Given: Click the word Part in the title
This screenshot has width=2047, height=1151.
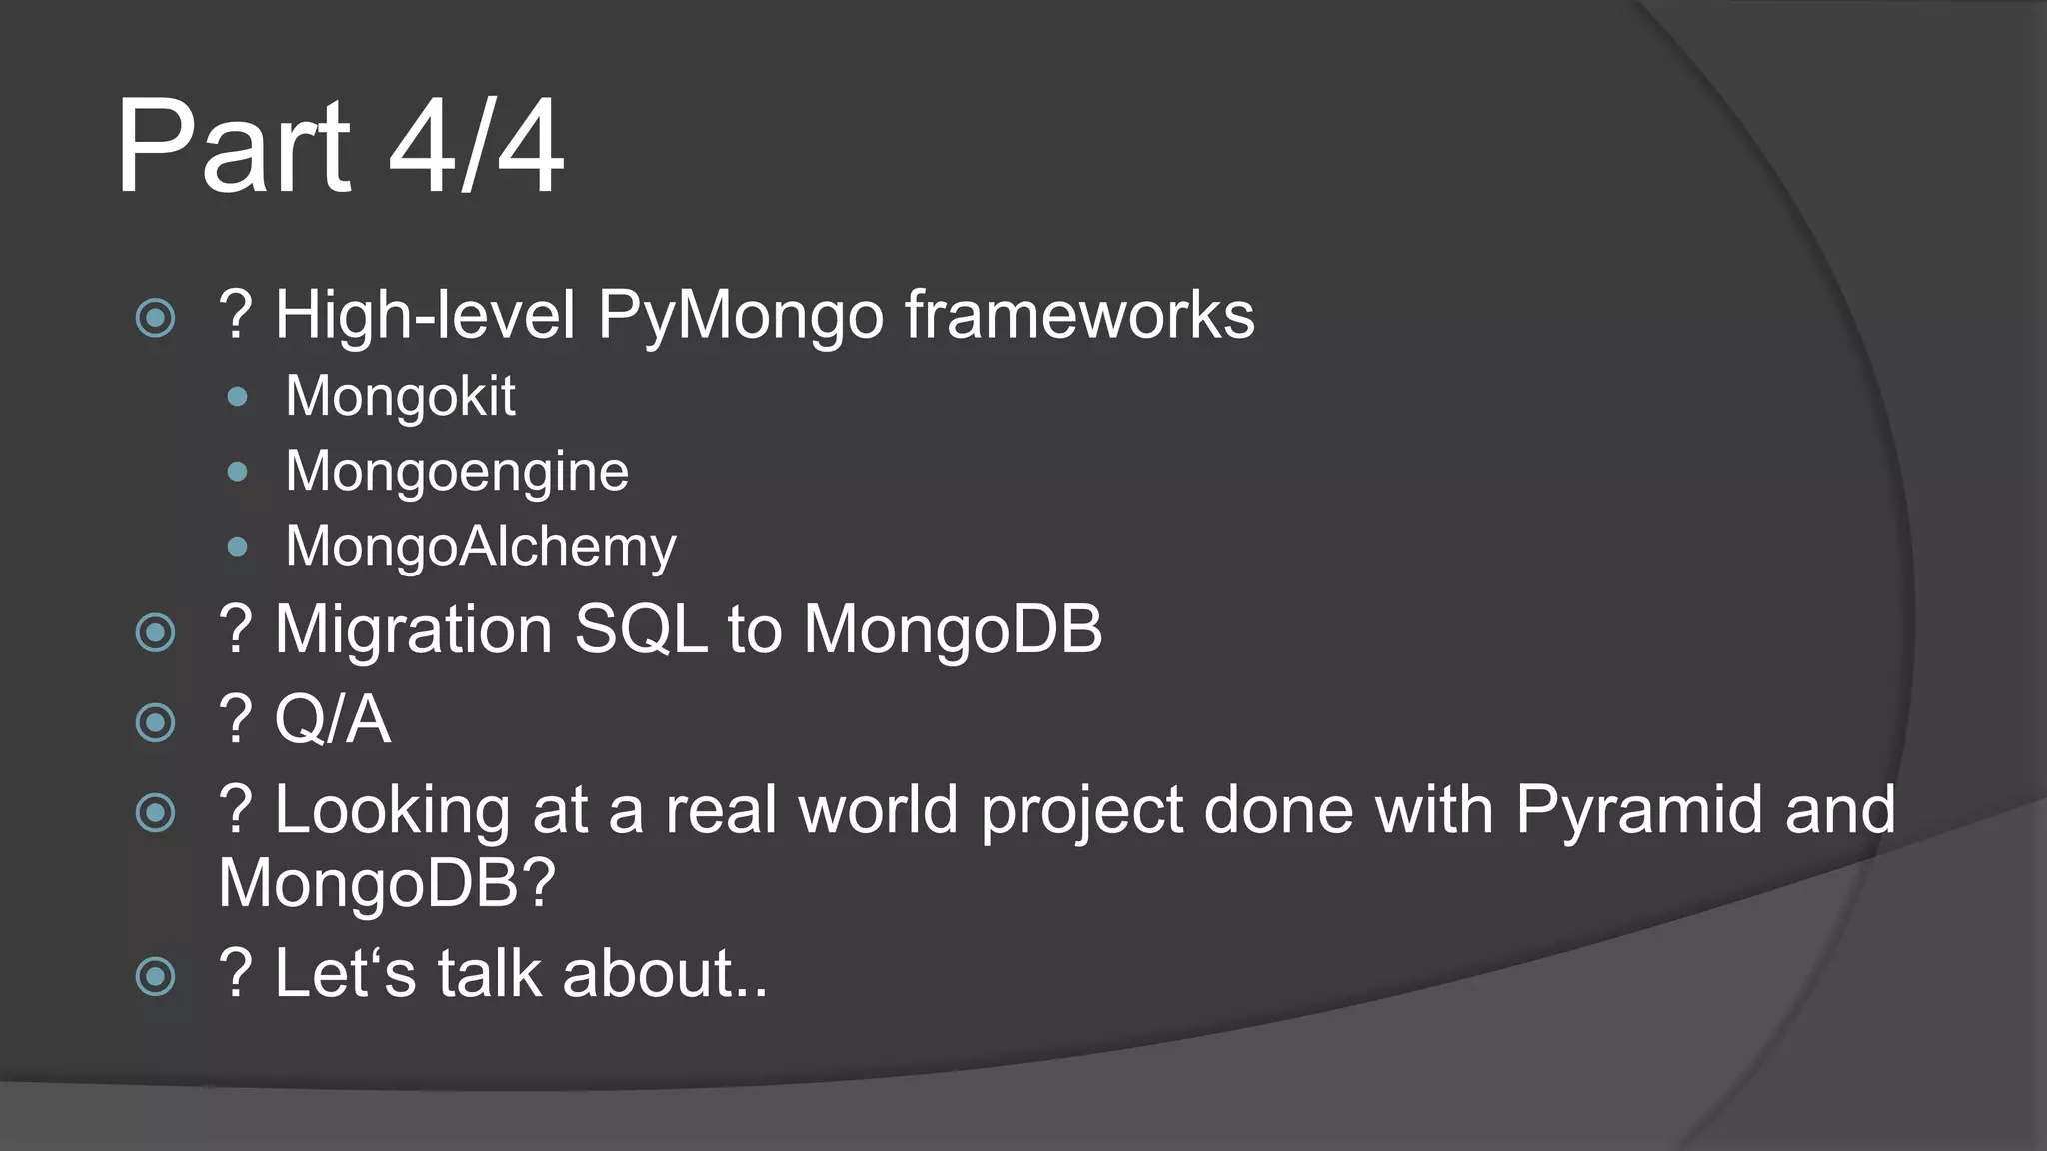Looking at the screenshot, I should [233, 147].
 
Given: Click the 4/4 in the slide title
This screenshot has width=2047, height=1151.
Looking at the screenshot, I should [476, 147].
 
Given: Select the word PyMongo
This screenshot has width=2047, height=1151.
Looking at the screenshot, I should [741, 316].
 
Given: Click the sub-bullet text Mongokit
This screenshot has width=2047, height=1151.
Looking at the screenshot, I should [400, 396].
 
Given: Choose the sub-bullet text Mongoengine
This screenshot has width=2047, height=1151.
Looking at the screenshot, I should [457, 471].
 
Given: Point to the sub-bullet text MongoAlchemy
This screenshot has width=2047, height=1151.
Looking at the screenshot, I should [481, 547].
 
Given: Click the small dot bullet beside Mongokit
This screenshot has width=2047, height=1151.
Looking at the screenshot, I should [237, 397].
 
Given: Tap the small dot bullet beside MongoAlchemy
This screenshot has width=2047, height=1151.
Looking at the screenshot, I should [237, 547].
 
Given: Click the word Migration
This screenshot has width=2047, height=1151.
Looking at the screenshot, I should [413, 630].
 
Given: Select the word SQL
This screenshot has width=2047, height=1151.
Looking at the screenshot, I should [641, 630].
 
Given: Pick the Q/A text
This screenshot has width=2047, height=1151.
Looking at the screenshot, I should [332, 720].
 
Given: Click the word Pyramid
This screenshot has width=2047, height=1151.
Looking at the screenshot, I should [1639, 809].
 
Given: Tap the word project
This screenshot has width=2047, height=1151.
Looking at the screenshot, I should [1082, 811].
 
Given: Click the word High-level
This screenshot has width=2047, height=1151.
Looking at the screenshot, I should [425, 316].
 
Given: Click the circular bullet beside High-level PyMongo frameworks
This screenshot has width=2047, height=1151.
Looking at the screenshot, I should [156, 319].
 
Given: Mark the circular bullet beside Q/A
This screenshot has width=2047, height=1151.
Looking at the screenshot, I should [156, 722].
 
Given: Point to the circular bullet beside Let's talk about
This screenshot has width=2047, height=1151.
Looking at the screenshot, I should [156, 976].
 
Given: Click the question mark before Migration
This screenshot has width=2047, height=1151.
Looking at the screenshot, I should [236, 630].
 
